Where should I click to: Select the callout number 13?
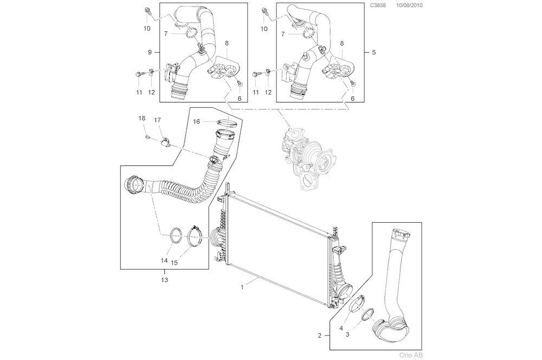tap(164, 280)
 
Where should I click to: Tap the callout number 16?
tap(197, 122)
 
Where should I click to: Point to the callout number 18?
tap(141, 118)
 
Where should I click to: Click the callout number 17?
tap(157, 120)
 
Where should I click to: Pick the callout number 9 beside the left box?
tap(149, 52)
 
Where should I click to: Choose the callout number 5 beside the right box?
tap(373, 52)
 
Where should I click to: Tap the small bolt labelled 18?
tap(147, 137)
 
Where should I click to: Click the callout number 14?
tap(164, 261)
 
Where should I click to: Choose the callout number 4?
tap(340, 327)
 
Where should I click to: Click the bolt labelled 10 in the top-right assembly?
tap(264, 11)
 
